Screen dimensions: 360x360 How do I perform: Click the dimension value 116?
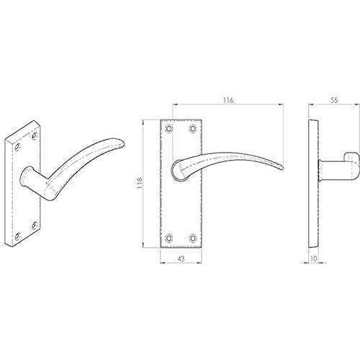[x=228, y=100]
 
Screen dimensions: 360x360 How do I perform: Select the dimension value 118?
[x=139, y=183]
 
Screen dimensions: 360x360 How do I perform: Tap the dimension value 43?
[x=181, y=258]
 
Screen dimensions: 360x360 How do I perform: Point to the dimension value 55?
[x=334, y=100]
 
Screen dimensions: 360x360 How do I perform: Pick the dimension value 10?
[x=313, y=258]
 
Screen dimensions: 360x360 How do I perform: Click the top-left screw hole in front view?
[x=169, y=129]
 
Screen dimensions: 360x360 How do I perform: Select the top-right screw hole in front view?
[x=193, y=129]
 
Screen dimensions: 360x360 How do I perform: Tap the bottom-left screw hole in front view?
[x=169, y=238]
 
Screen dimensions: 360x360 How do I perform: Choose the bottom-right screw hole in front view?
[x=193, y=238]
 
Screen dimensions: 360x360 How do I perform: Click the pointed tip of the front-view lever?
[x=283, y=168]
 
